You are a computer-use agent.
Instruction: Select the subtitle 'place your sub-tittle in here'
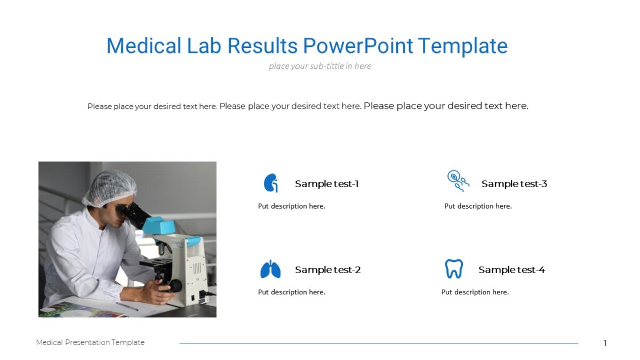click(x=320, y=66)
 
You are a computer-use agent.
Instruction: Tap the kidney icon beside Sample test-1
click(x=271, y=183)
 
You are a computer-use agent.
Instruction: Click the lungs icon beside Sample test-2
click(x=270, y=269)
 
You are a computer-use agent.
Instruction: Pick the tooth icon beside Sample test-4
click(x=454, y=269)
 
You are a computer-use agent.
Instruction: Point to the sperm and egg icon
click(x=458, y=181)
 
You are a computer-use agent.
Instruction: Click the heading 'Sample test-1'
click(x=326, y=184)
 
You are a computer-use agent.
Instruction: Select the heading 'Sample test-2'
click(x=327, y=270)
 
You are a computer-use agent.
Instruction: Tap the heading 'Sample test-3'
click(x=514, y=184)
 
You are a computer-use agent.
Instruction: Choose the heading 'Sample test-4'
click(x=511, y=270)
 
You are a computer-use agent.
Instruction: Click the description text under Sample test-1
click(x=292, y=206)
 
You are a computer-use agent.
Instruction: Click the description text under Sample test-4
click(x=475, y=292)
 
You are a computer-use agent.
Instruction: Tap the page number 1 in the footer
click(x=605, y=343)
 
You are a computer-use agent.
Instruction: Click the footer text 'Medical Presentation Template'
click(x=90, y=342)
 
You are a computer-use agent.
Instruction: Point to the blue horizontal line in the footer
click(x=379, y=343)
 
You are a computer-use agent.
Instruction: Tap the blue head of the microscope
click(x=159, y=225)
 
